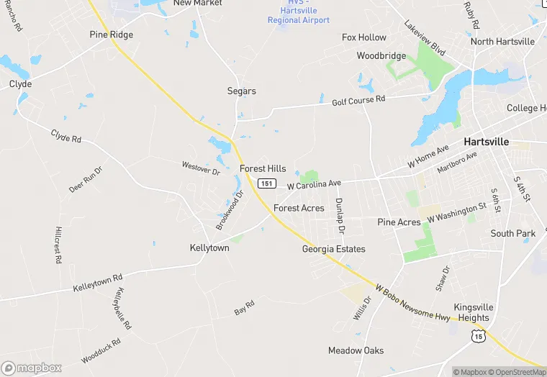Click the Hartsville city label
486,142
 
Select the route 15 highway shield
479,335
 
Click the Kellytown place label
209,247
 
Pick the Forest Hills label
263,168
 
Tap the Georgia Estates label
333,249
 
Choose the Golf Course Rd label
358,101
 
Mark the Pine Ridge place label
112,35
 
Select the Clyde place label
20,84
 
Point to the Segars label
242,91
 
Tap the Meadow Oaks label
356,350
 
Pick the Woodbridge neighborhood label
381,55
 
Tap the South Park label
513,233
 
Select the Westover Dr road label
201,169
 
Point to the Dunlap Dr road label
340,215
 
